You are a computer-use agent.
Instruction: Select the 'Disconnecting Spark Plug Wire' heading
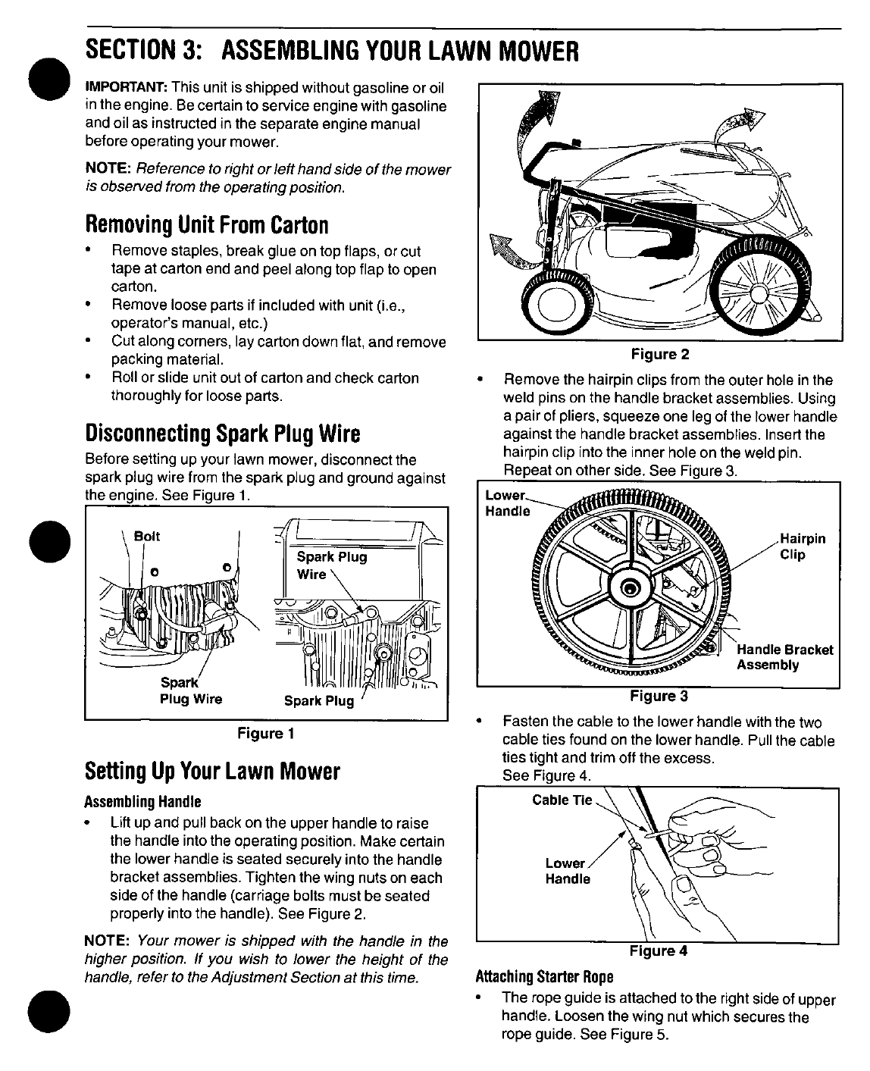(223, 434)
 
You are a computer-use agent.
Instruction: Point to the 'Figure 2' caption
(659, 354)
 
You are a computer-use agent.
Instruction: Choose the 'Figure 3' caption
(659, 695)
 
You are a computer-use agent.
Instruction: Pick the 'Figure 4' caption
(658, 951)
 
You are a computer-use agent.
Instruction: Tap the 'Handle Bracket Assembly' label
(784, 657)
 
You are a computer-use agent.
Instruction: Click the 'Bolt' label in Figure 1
(146, 536)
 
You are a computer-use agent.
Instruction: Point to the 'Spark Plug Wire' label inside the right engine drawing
(331, 565)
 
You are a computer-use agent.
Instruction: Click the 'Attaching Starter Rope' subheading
(543, 975)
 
